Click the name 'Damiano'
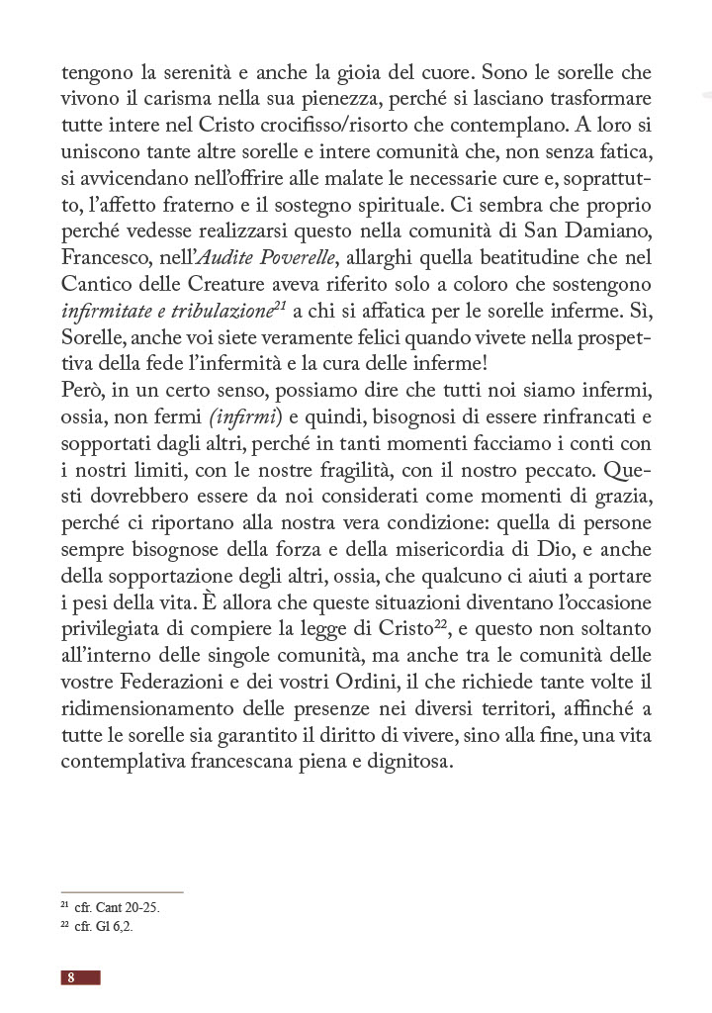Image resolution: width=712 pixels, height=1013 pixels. point(614,232)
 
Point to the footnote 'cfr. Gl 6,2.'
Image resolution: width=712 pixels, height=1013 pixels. point(96,927)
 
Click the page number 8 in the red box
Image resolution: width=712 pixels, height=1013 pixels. point(71,977)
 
